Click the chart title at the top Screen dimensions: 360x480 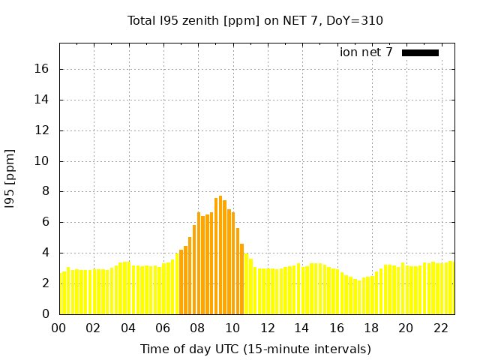[x=255, y=20]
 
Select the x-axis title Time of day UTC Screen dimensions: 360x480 [x=255, y=349]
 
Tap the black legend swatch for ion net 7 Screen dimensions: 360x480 [x=420, y=52]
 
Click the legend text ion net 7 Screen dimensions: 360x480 [x=366, y=52]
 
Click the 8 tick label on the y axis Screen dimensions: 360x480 [x=46, y=191]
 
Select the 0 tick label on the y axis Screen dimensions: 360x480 [x=46, y=314]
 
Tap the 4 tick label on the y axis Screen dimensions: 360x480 [x=46, y=253]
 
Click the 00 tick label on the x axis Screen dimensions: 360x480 [x=59, y=328]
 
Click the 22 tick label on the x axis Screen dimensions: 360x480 [x=441, y=328]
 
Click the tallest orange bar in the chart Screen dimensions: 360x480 [x=220, y=255]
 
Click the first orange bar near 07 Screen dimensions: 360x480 [x=181, y=282]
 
